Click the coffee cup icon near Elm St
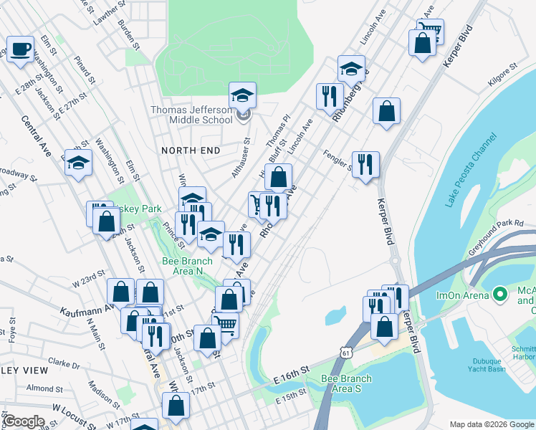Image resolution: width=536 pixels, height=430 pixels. (21, 50)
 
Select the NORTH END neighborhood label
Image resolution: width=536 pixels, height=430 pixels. (189, 150)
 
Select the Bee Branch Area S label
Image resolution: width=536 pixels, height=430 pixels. (347, 383)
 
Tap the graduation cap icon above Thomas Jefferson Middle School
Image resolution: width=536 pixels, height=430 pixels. (243, 95)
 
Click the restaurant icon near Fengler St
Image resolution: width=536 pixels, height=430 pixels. (365, 164)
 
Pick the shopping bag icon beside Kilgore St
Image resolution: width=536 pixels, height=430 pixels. (386, 111)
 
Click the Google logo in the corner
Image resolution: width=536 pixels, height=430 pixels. (24, 421)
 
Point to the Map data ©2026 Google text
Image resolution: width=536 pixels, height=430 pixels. (492, 424)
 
